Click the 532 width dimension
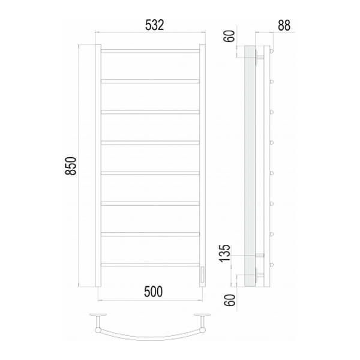pos(155,25)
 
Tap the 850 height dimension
pos(70,166)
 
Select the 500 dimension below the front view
pos(154,292)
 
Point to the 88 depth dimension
pos(284,25)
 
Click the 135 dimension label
pos(224,253)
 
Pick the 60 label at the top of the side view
pos(230,36)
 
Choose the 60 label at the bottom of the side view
pos(230,300)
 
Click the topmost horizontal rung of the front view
pos(150,51)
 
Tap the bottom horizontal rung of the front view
pos(150,265)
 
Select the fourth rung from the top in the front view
pos(150,143)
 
